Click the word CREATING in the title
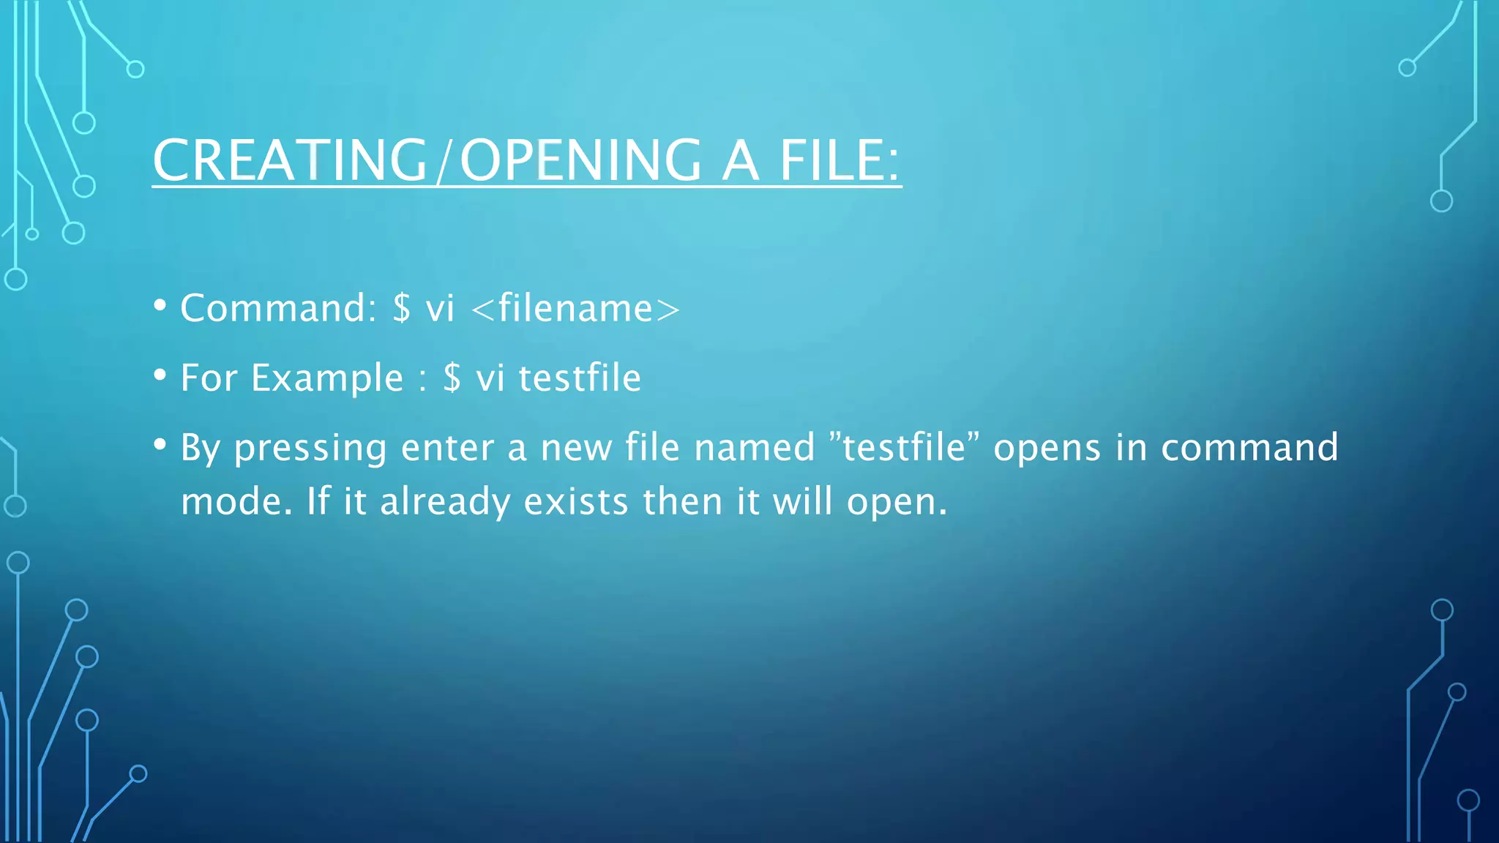pyautogui.click(x=290, y=160)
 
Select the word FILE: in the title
pyautogui.click(x=839, y=160)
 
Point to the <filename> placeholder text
pyautogui.click(x=576, y=308)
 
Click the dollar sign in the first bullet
pyautogui.click(x=401, y=308)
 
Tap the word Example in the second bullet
pyautogui.click(x=327, y=378)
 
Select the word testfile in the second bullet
pyautogui.click(x=580, y=378)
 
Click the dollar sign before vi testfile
pyautogui.click(x=452, y=378)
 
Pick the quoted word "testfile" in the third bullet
pyautogui.click(x=905, y=447)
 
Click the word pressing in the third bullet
pyautogui.click(x=310, y=449)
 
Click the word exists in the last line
pyautogui.click(x=576, y=502)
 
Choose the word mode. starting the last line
pyautogui.click(x=236, y=502)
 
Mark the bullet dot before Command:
pyautogui.click(x=160, y=305)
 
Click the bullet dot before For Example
pyautogui.click(x=160, y=375)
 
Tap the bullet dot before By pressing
pyautogui.click(x=160, y=444)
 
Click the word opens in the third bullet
pyautogui.click(x=1047, y=449)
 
